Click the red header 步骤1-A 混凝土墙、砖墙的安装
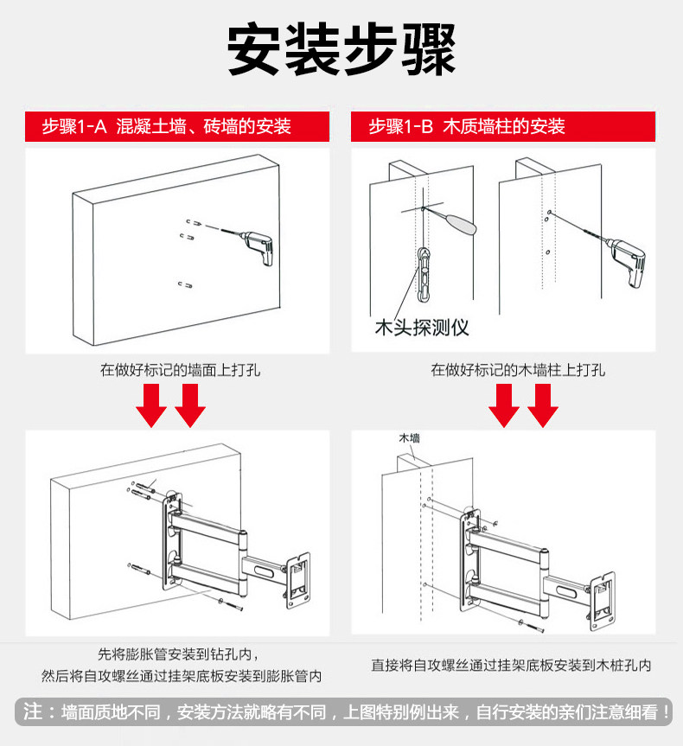[167, 127]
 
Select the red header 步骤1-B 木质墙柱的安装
[467, 127]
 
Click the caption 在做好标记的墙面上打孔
[180, 370]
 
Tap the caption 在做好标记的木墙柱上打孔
[518, 370]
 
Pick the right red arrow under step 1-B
[544, 405]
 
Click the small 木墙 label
[409, 438]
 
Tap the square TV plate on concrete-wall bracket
[297, 577]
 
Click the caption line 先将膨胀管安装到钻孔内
[177, 654]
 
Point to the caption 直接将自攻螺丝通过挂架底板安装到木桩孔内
[512, 666]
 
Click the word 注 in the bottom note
[33, 711]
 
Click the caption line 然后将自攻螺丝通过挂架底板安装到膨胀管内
[182, 675]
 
